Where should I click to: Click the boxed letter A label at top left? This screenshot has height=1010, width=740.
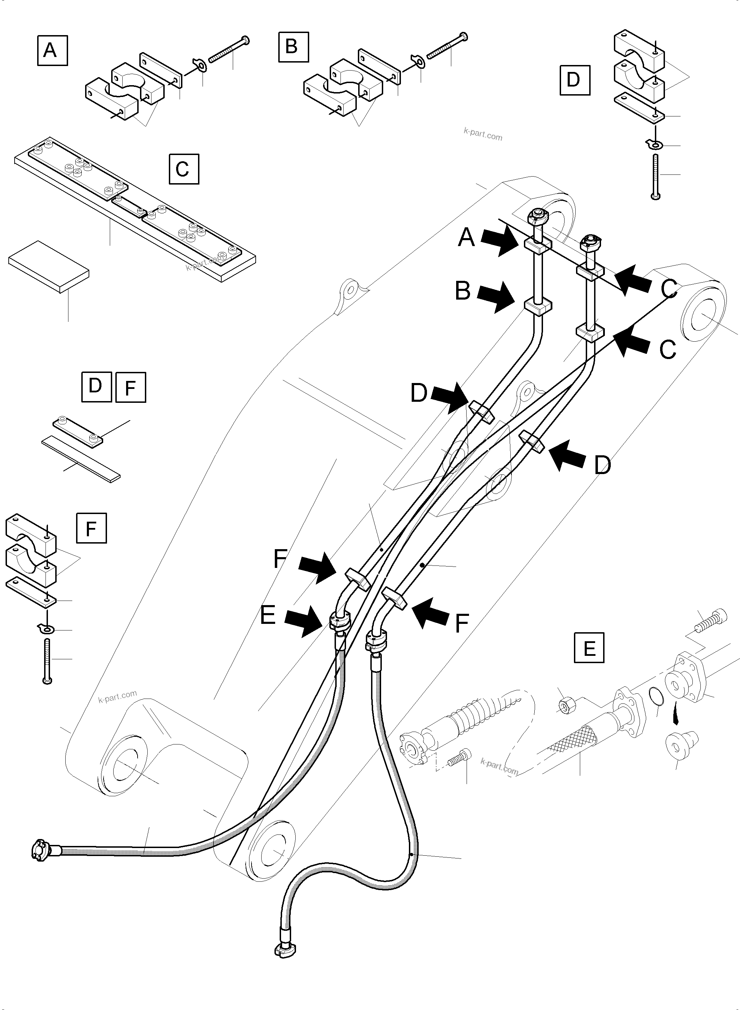click(52, 51)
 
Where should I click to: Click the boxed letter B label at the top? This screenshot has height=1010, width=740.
click(294, 47)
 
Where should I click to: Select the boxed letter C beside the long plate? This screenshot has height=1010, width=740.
click(184, 169)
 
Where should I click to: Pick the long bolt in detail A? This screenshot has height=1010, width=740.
click(229, 49)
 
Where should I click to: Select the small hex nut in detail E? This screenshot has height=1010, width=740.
click(564, 707)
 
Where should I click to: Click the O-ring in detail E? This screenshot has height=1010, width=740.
click(657, 697)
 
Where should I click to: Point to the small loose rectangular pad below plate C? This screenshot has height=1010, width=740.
click(48, 267)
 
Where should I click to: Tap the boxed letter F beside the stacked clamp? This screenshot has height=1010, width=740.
click(91, 528)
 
